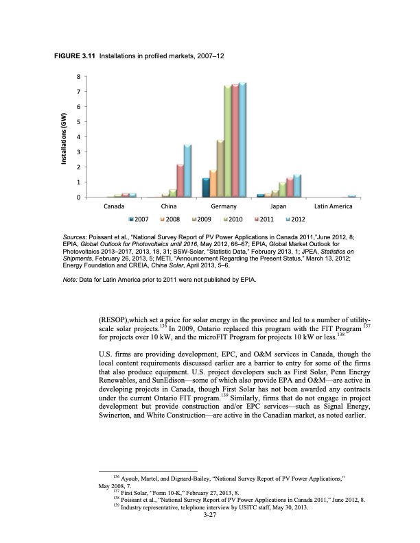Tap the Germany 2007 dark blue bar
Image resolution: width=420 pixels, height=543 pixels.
click(206, 187)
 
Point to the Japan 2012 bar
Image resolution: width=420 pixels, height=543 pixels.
click(297, 186)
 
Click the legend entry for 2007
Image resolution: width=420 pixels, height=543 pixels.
click(141, 219)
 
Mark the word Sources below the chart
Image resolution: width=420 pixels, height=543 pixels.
click(74, 234)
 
